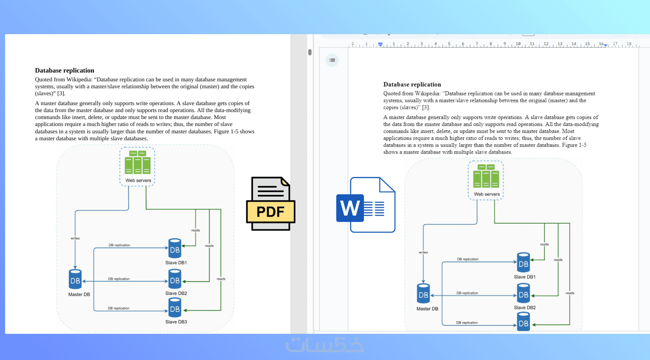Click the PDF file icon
(x=270, y=204)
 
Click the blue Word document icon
(x=365, y=205)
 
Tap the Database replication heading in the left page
(x=65, y=71)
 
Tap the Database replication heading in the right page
(x=412, y=84)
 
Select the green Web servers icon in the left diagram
(x=137, y=162)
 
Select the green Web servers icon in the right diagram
(x=486, y=176)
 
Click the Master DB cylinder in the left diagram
(x=75, y=280)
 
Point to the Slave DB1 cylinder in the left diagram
(x=175, y=249)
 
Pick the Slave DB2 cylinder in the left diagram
(x=175, y=279)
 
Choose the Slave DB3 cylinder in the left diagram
(x=175, y=308)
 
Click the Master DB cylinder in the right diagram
(x=423, y=294)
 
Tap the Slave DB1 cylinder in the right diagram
(x=523, y=263)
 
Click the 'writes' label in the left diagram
(x=75, y=238)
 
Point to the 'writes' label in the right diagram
(x=423, y=252)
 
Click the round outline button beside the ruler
(x=332, y=60)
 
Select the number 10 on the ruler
(x=518, y=44)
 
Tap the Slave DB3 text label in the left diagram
(x=176, y=322)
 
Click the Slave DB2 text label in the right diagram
(x=524, y=308)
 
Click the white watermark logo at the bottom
(x=325, y=345)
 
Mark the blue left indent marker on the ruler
(x=380, y=44)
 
